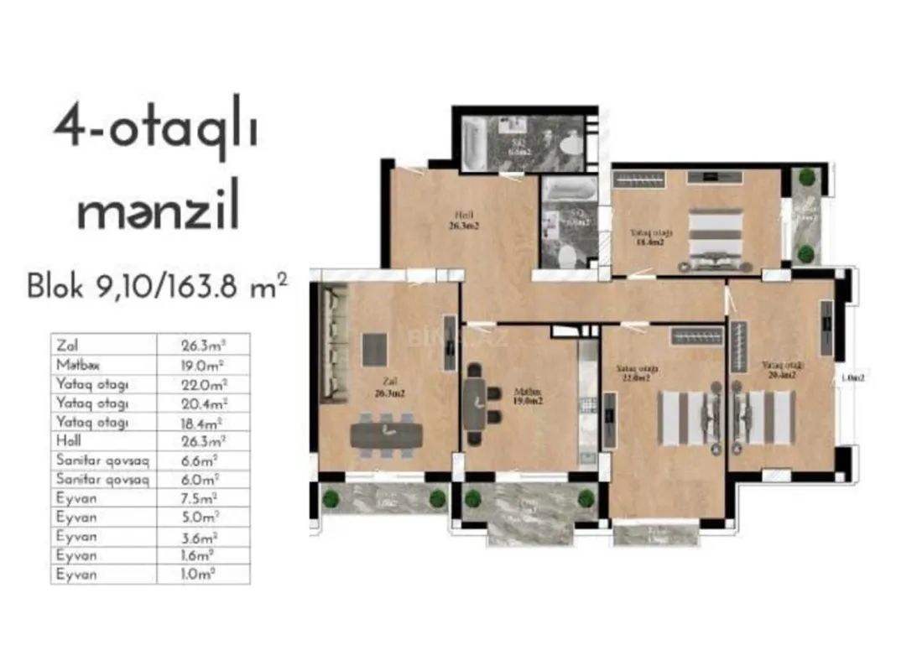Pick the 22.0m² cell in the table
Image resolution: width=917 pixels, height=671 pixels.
pyautogui.click(x=203, y=383)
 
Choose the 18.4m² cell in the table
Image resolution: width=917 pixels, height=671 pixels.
pyautogui.click(x=203, y=422)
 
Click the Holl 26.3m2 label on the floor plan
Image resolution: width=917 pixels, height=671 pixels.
pyautogui.click(x=462, y=220)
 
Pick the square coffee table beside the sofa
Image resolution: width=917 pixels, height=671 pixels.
pyautogui.click(x=374, y=347)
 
